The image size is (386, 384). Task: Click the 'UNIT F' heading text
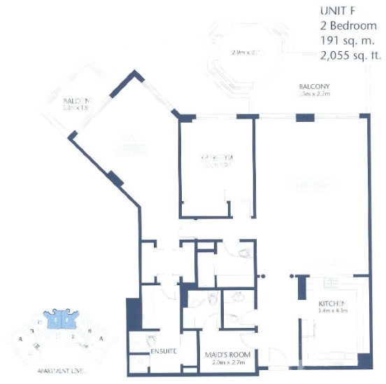click(x=338, y=11)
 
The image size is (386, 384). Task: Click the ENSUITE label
click(x=162, y=350)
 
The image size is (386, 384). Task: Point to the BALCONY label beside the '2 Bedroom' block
click(x=314, y=86)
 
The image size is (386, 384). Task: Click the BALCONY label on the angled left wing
click(x=76, y=101)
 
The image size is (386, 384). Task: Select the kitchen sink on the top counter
click(x=329, y=284)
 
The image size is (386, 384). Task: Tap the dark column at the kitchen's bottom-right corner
click(x=364, y=361)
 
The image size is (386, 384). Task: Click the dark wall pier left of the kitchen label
click(x=303, y=287)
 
